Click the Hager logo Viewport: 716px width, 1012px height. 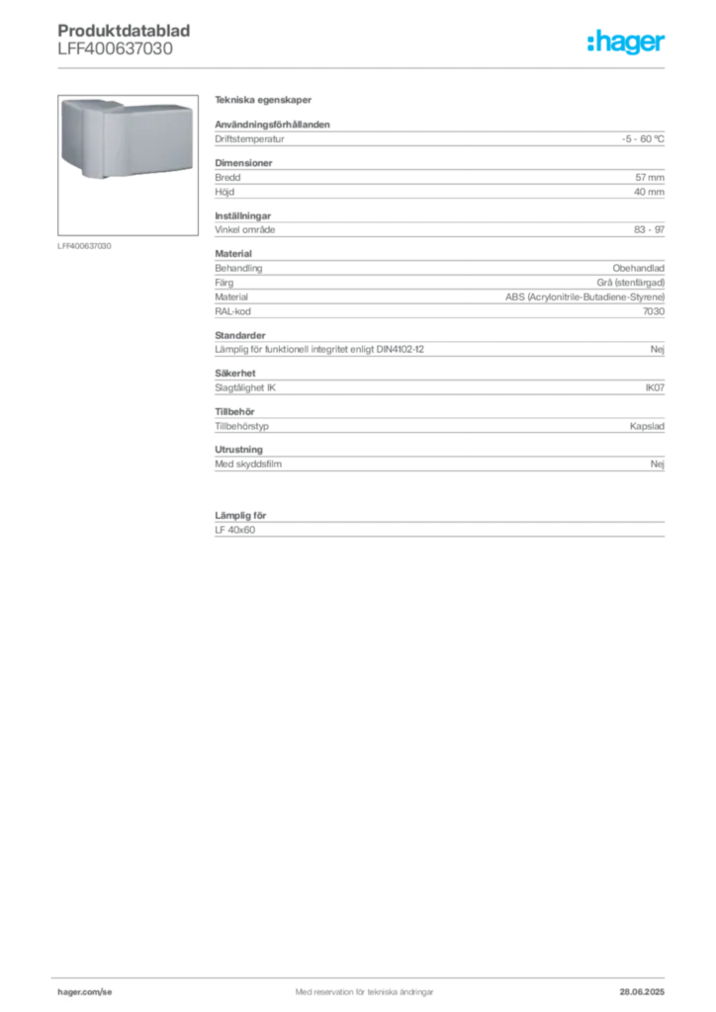tap(626, 42)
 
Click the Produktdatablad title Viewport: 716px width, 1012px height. tap(124, 31)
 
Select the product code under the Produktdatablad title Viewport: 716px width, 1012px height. tap(115, 49)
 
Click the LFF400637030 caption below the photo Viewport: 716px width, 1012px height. tap(84, 246)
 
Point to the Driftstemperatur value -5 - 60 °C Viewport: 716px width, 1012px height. tap(643, 138)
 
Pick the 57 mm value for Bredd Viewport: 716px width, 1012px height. tap(650, 177)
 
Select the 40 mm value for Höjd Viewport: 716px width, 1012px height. tap(649, 192)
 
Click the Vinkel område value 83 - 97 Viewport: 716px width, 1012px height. tap(649, 229)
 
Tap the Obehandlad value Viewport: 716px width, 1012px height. tap(639, 268)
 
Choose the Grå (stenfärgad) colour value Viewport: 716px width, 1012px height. tap(631, 282)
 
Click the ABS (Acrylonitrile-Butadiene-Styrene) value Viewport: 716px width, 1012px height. tap(584, 296)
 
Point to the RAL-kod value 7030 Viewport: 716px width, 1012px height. tap(654, 311)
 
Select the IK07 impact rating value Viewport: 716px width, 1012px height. tap(655, 387)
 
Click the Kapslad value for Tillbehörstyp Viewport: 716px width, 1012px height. tap(647, 426)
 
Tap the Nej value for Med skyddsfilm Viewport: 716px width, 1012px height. tap(658, 464)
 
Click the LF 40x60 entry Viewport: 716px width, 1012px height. tap(235, 530)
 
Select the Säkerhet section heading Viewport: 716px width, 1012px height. tap(235, 373)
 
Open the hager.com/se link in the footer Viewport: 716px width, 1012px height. tap(85, 992)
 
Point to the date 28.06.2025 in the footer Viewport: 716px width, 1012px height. tap(642, 992)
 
